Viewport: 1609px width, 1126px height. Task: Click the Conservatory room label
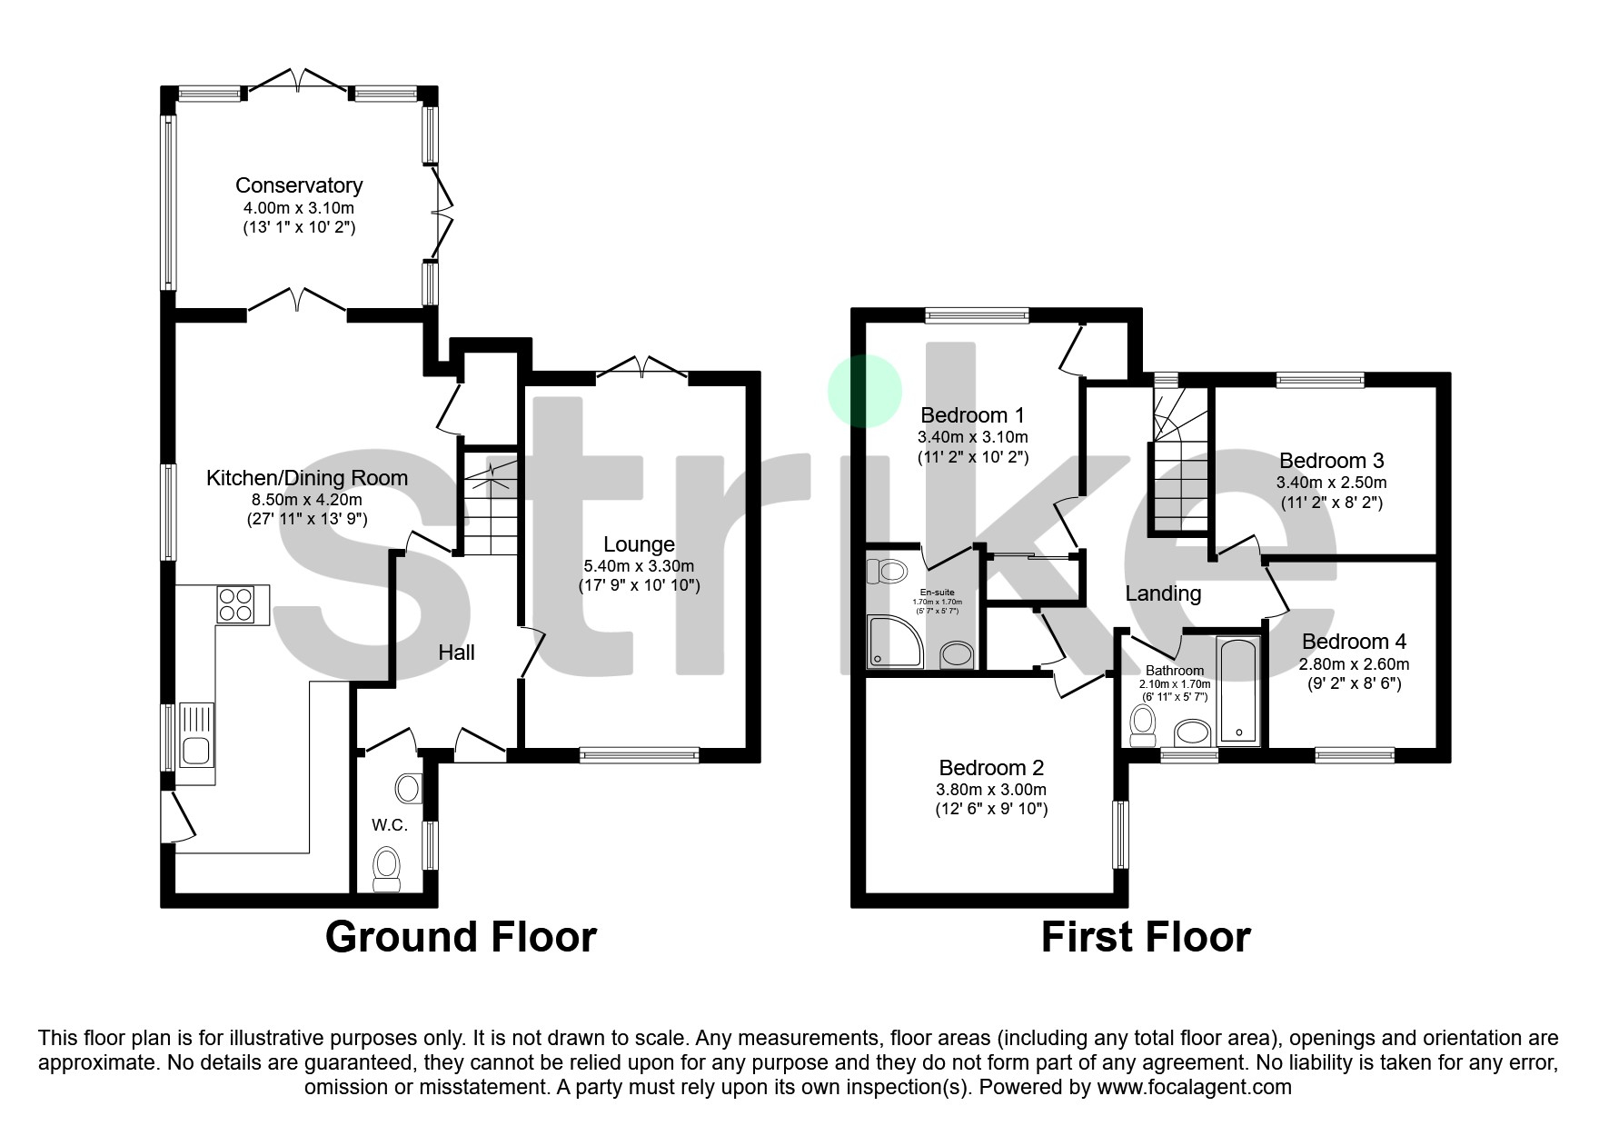click(299, 185)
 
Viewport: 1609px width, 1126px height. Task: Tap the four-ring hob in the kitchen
click(235, 604)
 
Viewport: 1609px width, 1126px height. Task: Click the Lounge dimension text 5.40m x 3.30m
click(639, 565)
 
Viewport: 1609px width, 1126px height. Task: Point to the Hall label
click(456, 653)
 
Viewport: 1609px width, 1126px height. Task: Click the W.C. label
click(389, 825)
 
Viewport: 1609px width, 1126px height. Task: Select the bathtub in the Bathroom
click(1238, 692)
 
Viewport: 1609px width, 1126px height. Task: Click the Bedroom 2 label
click(991, 768)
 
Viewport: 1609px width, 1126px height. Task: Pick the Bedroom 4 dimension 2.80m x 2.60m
click(1354, 664)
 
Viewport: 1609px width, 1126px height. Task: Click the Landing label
click(1163, 594)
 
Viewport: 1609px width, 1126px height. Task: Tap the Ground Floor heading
click(461, 937)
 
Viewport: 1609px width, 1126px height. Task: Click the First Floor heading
click(1145, 937)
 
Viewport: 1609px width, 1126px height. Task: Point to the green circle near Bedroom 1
click(864, 391)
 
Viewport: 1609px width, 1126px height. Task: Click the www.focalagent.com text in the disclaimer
click(1194, 1087)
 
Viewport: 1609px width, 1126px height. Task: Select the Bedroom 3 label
click(1331, 461)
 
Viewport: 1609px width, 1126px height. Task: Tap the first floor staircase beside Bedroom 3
click(1179, 463)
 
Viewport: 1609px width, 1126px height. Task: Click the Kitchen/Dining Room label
click(306, 478)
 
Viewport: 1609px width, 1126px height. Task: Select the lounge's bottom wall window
click(639, 753)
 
